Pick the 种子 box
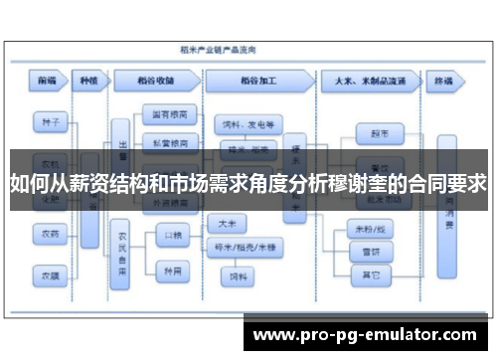49,123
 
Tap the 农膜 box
49,271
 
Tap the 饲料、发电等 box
248,124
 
